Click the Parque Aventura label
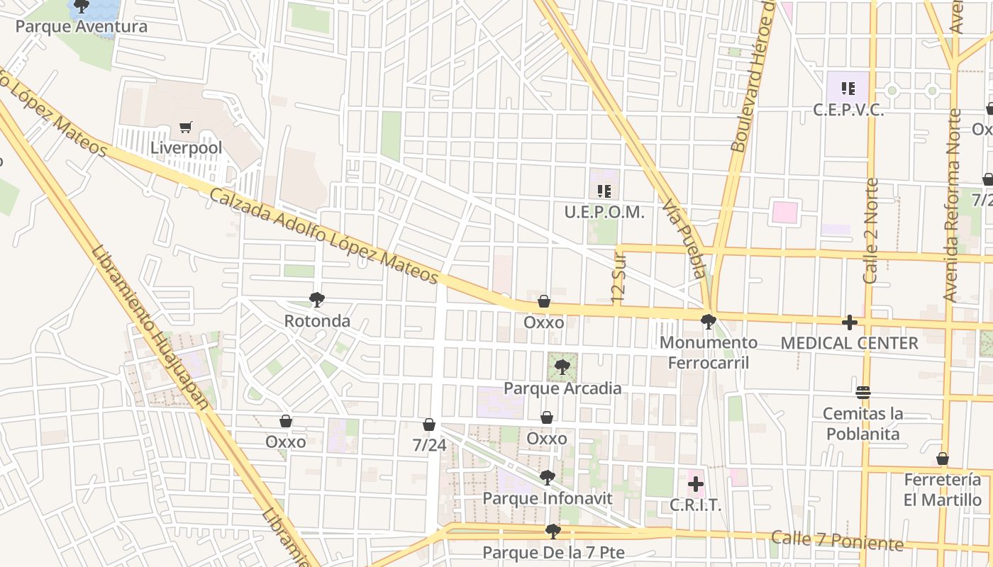coord(82,27)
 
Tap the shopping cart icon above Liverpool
coord(186,128)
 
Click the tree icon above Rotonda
coord(317,300)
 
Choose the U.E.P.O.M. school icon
coord(604,191)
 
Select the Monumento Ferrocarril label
coord(709,352)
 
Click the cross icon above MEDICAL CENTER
coord(849,322)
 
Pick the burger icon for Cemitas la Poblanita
coord(862,392)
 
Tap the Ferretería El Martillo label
coord(943,490)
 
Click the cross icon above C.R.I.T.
coord(696,484)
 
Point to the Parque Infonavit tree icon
coord(547,478)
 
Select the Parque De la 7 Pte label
coord(553,552)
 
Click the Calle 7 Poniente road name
coord(837,541)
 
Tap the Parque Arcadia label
coord(562,388)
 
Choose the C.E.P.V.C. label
coord(848,110)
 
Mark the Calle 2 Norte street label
coord(872,231)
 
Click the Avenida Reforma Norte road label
coord(953,206)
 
